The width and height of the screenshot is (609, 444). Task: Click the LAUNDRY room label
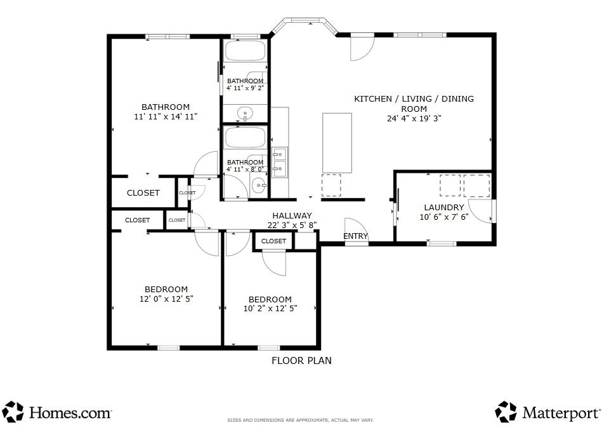point(444,207)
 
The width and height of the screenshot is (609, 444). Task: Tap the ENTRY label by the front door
point(355,236)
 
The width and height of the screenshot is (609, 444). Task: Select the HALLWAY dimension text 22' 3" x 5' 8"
point(292,225)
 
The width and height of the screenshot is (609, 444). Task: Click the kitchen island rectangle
point(337,143)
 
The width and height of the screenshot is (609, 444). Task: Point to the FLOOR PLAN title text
point(301,360)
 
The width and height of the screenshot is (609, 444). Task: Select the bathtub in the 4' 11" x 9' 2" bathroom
point(245,51)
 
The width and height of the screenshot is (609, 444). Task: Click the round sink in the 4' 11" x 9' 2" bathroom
point(245,114)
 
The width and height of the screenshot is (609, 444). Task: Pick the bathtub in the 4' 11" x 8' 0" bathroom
point(245,137)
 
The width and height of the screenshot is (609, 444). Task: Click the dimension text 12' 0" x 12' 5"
point(166,299)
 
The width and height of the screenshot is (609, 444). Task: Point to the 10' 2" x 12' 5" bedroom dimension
point(270,308)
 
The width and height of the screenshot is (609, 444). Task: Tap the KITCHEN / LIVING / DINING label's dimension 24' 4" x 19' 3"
point(414,118)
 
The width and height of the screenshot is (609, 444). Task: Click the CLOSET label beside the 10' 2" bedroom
point(273,241)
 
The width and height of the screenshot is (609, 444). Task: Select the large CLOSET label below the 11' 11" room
point(143,193)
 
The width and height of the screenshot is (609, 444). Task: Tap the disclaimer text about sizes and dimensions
point(300,420)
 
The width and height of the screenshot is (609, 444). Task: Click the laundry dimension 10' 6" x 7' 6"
point(444,217)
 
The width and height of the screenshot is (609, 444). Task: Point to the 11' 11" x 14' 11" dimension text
point(166,116)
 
